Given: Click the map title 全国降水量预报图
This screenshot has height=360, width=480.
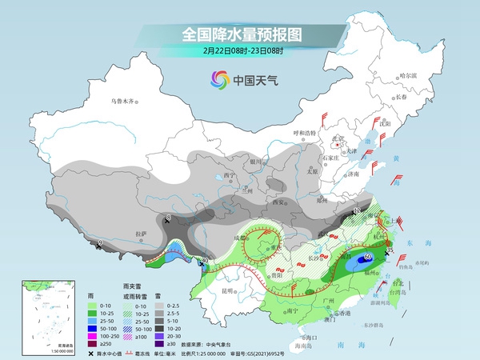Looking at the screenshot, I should pos(239,34).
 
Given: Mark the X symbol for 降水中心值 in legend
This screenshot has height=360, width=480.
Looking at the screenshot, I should pos(92,353).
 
